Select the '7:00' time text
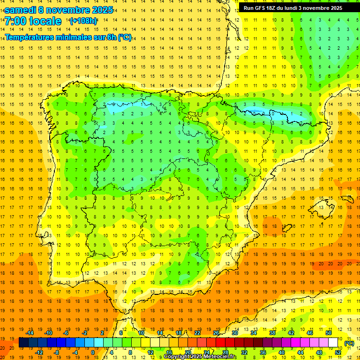[x=15, y=21]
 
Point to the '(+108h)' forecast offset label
[x=83, y=21]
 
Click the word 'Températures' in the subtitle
[x=31, y=37]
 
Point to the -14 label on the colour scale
[x=30, y=332]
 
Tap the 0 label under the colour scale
[x=93, y=352]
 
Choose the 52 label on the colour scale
[x=338, y=352]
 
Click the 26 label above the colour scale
[x=216, y=332]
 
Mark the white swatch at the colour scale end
[x=333, y=342]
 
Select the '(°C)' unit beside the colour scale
[x=349, y=343]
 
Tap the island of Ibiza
[x=287, y=229]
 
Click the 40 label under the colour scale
[x=282, y=352]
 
